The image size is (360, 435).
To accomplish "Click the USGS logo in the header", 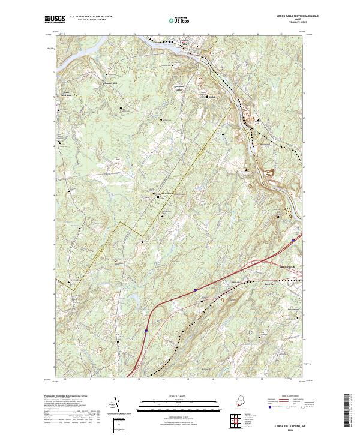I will [x=53, y=19].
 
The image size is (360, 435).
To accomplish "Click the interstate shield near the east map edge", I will [x=294, y=239].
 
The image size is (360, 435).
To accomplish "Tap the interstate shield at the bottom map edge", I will [x=145, y=329].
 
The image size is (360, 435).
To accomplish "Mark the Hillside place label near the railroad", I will [x=236, y=281].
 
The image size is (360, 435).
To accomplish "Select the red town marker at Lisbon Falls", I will [x=185, y=42].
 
